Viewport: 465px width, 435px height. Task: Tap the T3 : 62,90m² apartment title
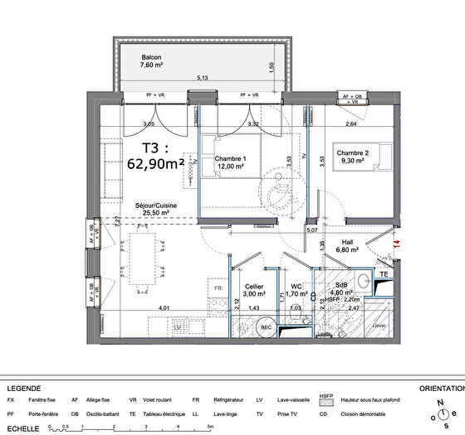pyautogui.click(x=160, y=156)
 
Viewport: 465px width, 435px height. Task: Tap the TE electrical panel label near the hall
pyautogui.click(x=384, y=273)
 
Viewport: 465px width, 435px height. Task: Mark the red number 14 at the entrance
pyautogui.click(x=396, y=245)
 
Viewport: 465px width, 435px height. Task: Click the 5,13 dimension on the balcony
pyautogui.click(x=202, y=77)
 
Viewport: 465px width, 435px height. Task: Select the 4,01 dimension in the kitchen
pyautogui.click(x=164, y=309)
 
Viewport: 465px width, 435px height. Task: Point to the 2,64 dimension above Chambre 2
pyautogui.click(x=350, y=124)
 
